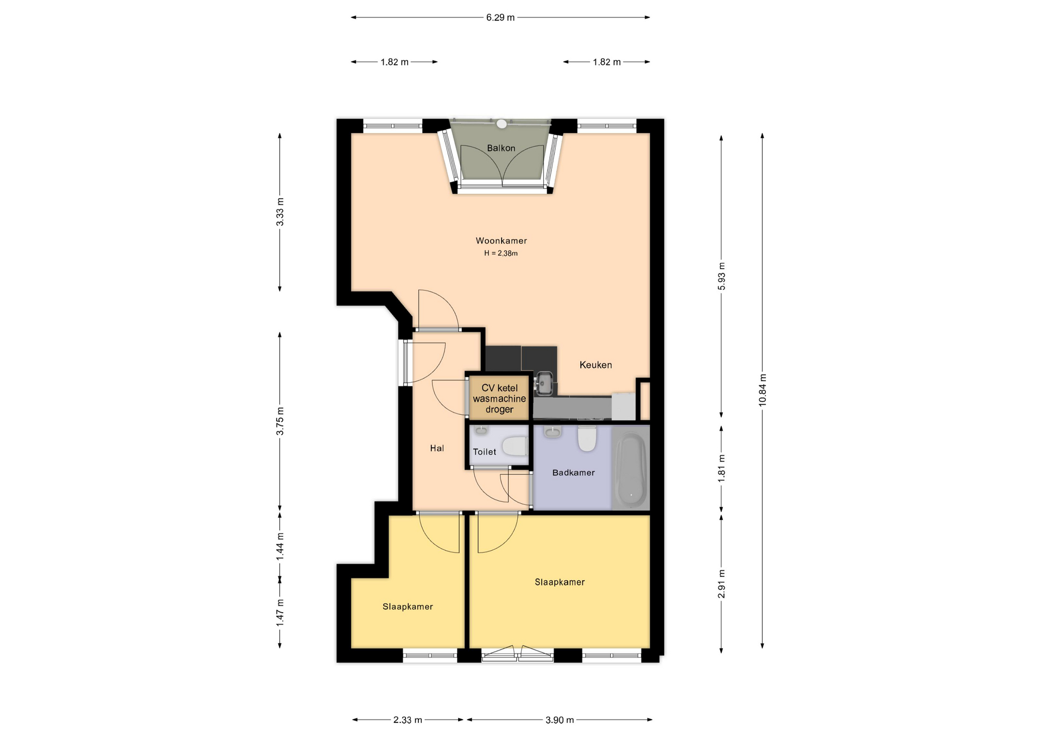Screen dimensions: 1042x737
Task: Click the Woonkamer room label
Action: coord(501,240)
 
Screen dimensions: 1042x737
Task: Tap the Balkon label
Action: coord(501,148)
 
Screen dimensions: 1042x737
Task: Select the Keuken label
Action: coord(595,365)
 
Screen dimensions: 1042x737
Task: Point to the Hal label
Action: coord(437,448)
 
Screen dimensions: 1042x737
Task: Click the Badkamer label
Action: coord(573,472)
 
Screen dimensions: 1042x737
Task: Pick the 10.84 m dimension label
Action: coord(763,390)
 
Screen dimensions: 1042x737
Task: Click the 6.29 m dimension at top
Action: coord(500,17)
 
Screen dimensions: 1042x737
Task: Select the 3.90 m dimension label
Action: coord(560,720)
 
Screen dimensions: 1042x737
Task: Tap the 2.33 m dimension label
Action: coord(408,720)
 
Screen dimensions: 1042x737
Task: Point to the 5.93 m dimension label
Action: coord(721,276)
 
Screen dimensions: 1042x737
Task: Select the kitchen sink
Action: coord(544,383)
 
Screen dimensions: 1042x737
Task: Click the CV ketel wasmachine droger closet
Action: coord(499,398)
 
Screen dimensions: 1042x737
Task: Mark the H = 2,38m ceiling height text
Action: coord(501,253)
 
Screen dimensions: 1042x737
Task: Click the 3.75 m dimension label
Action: coord(280,421)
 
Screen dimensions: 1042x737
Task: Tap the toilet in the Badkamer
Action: coord(587,439)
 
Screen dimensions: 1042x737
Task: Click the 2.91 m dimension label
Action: coord(721,584)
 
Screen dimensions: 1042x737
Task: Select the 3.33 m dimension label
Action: coord(280,212)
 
